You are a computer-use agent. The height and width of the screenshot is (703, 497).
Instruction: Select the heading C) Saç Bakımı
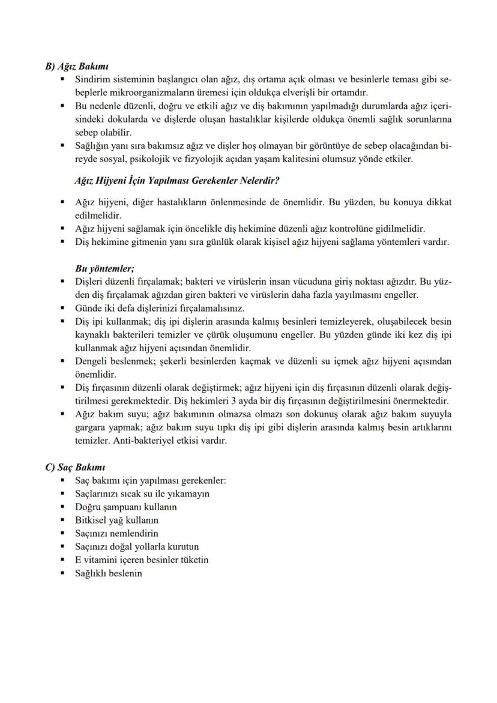[76, 467]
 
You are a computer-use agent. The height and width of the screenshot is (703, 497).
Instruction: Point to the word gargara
[92, 427]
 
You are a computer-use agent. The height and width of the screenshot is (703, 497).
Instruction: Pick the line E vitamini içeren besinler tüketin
[141, 560]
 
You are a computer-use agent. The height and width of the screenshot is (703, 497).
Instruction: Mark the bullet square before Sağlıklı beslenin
[63, 573]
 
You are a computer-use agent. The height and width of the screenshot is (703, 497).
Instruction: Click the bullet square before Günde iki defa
[63, 309]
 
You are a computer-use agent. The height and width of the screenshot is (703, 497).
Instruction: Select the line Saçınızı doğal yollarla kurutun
[136, 546]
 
